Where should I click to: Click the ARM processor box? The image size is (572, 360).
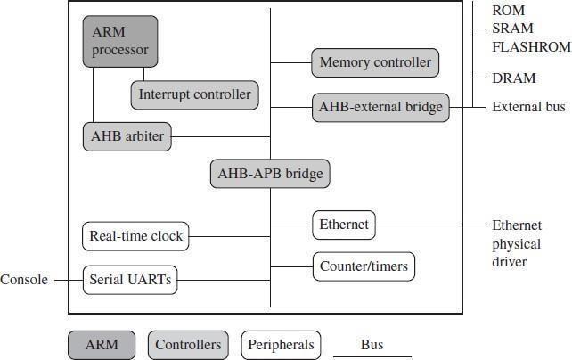(120, 41)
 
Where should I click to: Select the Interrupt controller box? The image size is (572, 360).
(195, 94)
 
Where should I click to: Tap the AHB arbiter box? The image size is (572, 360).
(127, 136)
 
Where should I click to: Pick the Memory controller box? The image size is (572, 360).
(375, 62)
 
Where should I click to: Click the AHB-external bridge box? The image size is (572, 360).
(380, 107)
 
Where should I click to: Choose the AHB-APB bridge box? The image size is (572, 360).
(270, 174)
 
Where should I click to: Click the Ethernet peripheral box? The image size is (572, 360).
(344, 225)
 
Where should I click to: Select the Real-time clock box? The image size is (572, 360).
(135, 236)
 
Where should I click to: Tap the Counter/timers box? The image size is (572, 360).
(364, 266)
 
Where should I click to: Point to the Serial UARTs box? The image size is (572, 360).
(130, 280)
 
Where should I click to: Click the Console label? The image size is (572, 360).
(24, 280)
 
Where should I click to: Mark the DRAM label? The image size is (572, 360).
(514, 78)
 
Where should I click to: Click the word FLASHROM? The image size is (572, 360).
(532, 46)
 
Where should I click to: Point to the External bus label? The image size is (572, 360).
(529, 107)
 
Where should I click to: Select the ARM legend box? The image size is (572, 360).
(102, 345)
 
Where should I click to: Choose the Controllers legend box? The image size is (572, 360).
(188, 345)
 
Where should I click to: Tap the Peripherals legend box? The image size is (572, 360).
(281, 345)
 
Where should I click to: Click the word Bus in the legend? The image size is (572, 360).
(372, 345)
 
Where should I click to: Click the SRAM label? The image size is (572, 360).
(512, 29)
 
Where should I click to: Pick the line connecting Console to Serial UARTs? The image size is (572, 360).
(69, 280)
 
